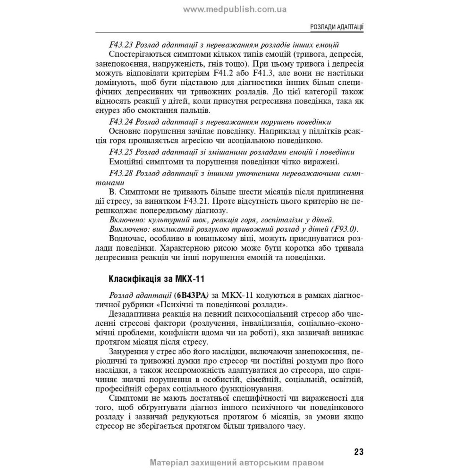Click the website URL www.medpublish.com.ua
[x=236, y=9]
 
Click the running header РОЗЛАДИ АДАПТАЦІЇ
[x=336, y=27]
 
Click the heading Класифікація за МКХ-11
[x=152, y=277]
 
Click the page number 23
[x=358, y=452]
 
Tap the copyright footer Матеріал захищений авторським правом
[x=236, y=463]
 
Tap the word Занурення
[x=129, y=352]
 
